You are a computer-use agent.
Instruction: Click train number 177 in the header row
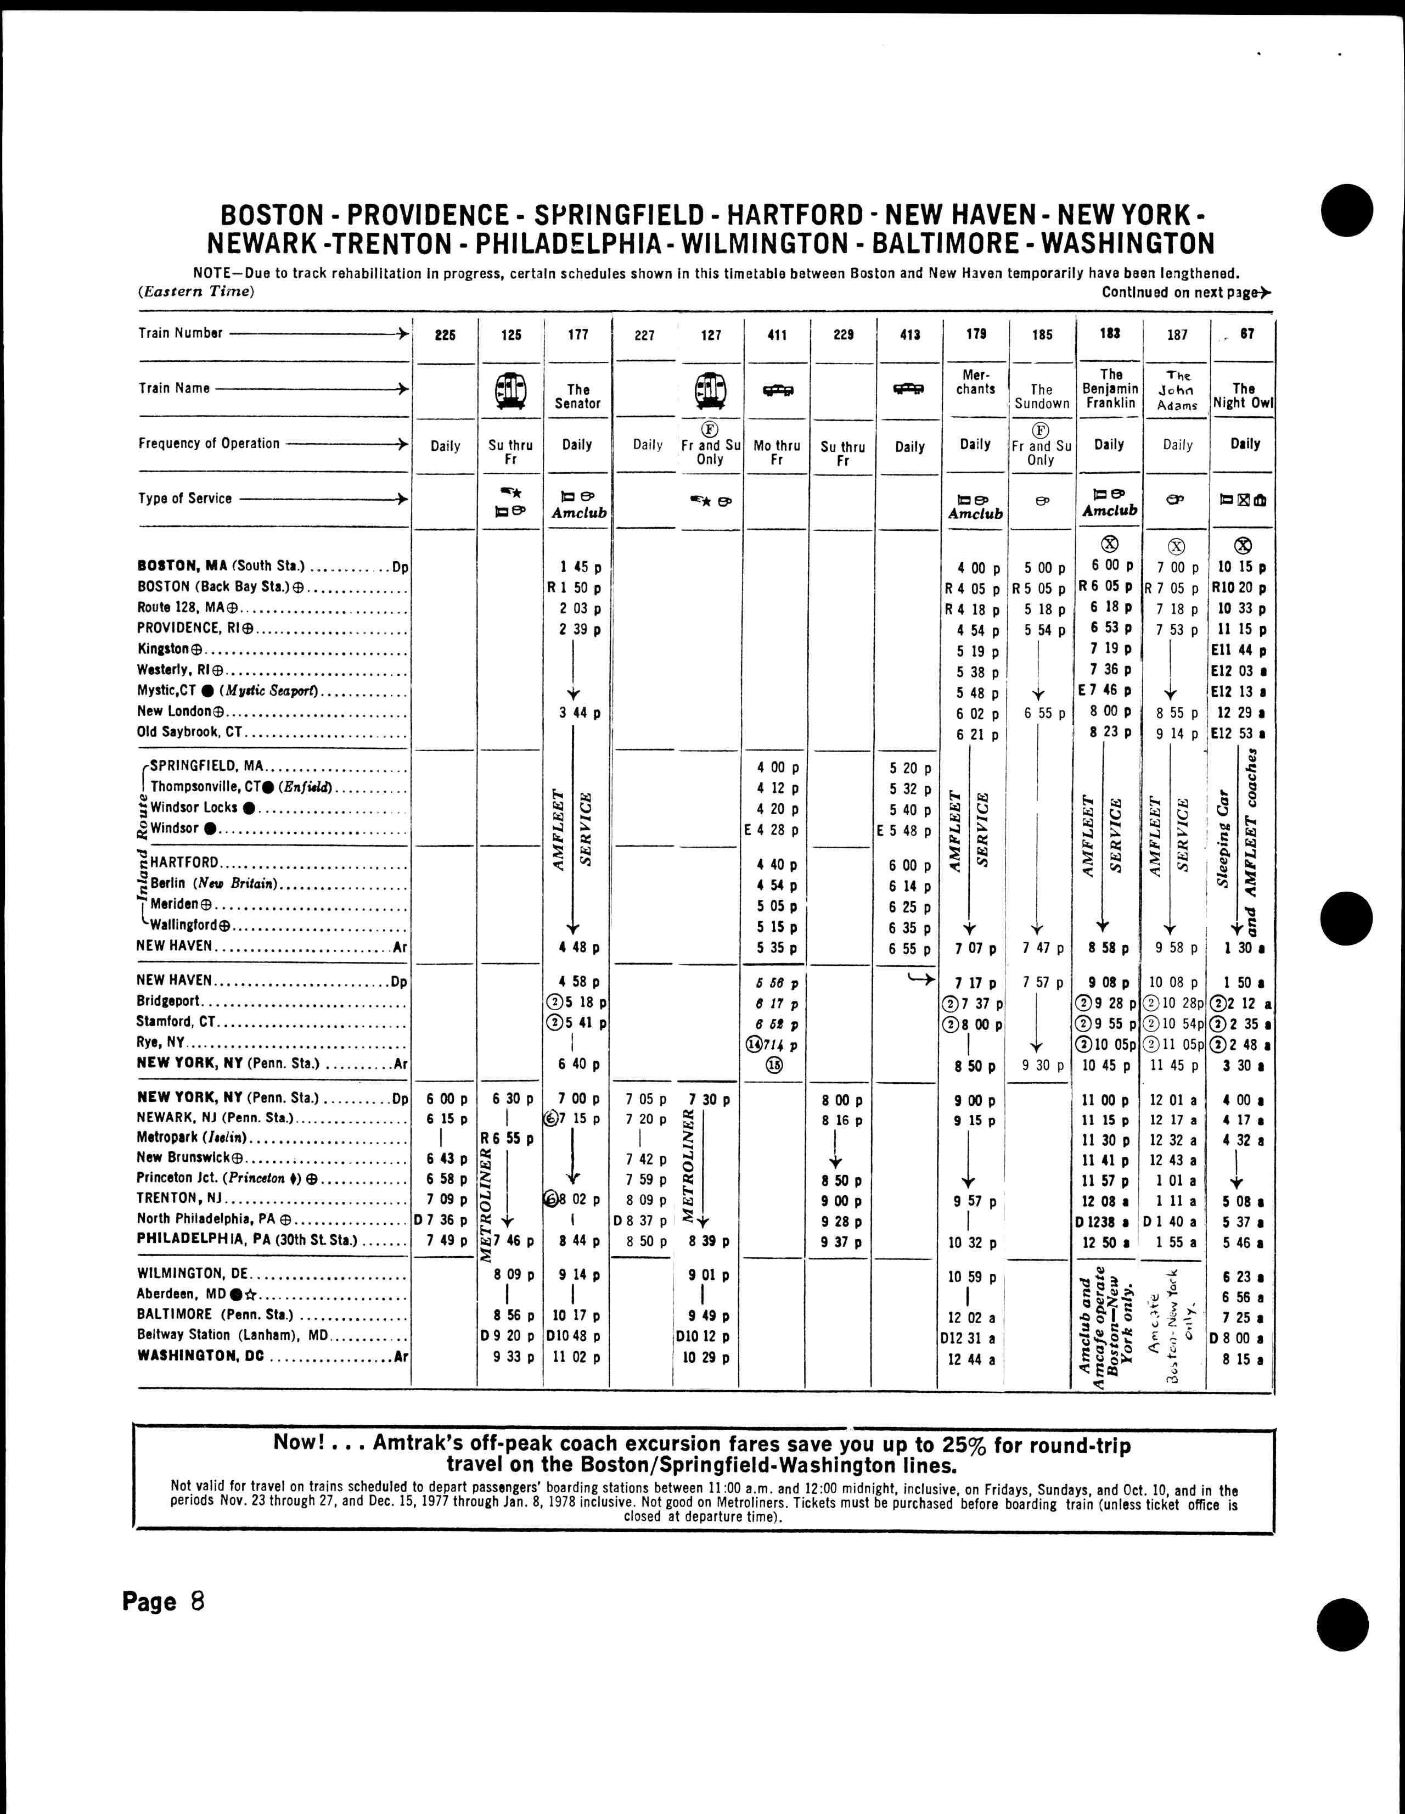tap(578, 335)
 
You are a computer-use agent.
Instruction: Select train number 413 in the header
tap(910, 335)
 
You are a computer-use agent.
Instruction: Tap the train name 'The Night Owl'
tap(1243, 395)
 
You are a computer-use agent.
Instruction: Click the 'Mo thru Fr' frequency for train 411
tap(777, 452)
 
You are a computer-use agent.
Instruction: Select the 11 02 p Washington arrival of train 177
tap(577, 1356)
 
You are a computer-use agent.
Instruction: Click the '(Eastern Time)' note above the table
tap(196, 292)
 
